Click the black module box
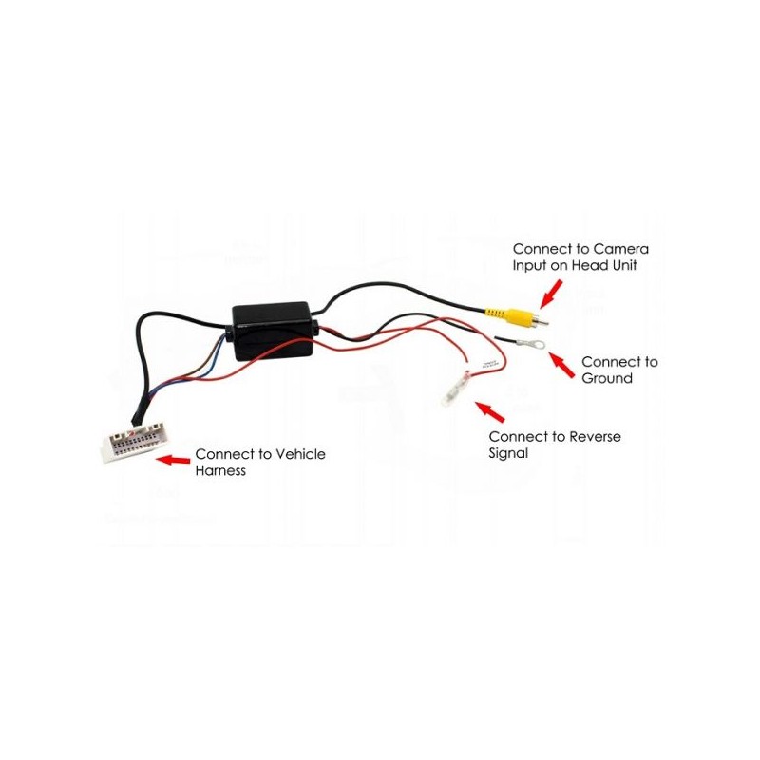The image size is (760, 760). pos(273,331)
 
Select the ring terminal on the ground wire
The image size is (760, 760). pos(531,345)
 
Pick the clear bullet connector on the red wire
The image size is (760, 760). pos(456,389)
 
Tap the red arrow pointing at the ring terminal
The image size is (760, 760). pos(562,365)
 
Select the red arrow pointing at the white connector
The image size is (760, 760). pos(173,460)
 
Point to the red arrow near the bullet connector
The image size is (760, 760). pos(490,412)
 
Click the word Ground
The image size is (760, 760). pos(607,378)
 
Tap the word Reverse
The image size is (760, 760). pos(595,437)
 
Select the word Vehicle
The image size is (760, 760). pos(300,454)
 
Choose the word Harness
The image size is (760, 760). pos(220,470)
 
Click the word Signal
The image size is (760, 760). pos(508,454)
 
